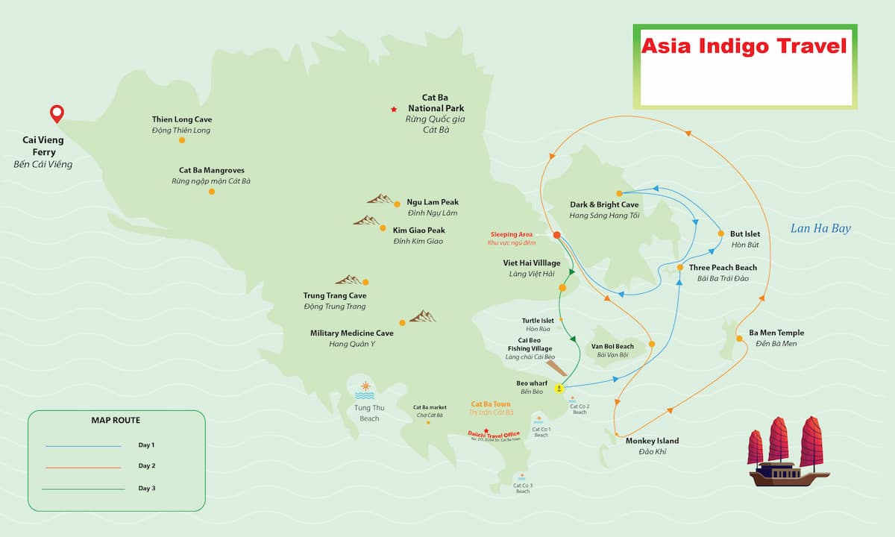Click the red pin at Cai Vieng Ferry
(x=57, y=114)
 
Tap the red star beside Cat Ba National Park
(x=394, y=110)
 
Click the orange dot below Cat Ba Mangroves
(x=212, y=192)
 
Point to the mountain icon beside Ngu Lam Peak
(x=381, y=199)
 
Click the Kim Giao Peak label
(x=418, y=230)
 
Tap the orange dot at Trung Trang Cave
(x=365, y=282)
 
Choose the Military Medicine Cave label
(x=352, y=333)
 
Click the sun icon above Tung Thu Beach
(x=365, y=386)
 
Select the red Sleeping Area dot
(x=556, y=236)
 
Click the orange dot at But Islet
(x=720, y=233)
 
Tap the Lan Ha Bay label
(x=820, y=229)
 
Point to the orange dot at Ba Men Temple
(x=739, y=339)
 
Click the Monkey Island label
(x=652, y=441)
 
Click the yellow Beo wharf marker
(x=558, y=389)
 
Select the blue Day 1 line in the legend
(x=83, y=446)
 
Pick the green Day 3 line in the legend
(x=83, y=489)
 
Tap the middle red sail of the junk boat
(x=779, y=439)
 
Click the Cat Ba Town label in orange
(x=492, y=403)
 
